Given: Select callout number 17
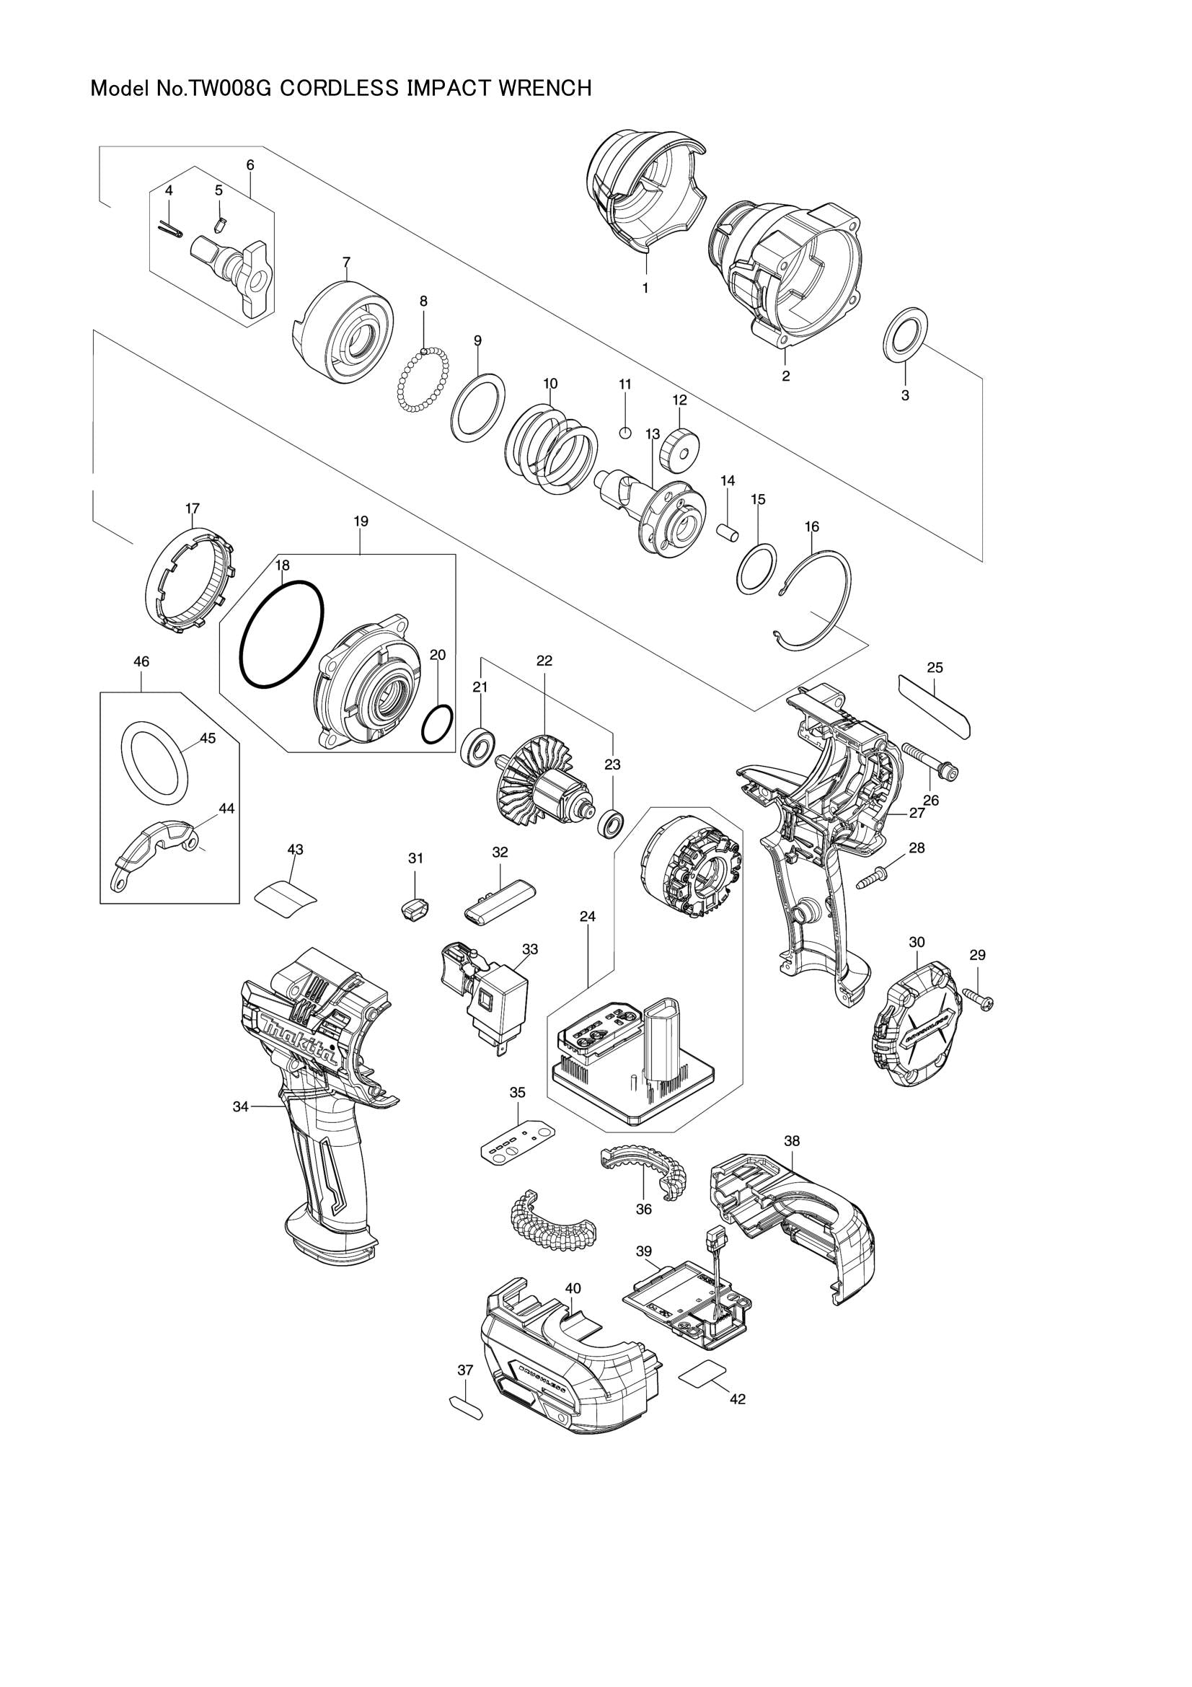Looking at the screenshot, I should (x=193, y=508).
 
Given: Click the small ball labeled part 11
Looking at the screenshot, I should (x=624, y=432).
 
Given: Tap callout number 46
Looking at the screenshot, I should (x=141, y=662).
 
